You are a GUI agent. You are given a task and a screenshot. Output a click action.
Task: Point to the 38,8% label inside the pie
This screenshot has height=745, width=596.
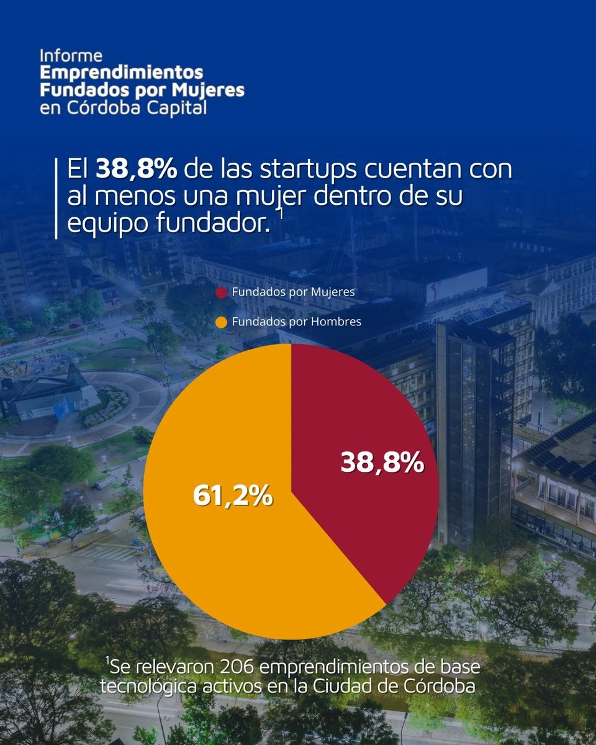point(382,464)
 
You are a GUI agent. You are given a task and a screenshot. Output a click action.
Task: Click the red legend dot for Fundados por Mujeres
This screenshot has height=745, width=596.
point(220,292)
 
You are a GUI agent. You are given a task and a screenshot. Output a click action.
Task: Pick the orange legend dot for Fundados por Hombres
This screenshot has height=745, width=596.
point(220,322)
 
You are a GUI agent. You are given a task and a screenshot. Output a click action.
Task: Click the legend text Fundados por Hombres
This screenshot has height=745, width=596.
point(296,322)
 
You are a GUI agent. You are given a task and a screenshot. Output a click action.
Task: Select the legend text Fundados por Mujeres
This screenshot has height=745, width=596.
point(293,292)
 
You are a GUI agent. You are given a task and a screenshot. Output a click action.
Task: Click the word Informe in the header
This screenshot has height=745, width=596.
point(71,55)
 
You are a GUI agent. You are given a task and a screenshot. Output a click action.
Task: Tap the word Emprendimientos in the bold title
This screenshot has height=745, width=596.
point(122,73)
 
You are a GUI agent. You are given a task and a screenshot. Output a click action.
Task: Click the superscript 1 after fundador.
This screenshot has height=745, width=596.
point(280,214)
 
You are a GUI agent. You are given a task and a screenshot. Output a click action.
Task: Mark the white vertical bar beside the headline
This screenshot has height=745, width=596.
point(56,197)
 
